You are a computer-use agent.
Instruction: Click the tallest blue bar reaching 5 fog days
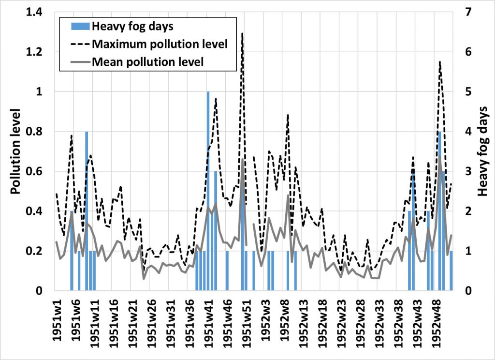pyautogui.click(x=208, y=194)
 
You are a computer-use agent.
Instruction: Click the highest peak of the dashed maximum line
pyautogui.click(x=242, y=34)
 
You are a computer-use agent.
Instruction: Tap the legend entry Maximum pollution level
pyautogui.click(x=160, y=44)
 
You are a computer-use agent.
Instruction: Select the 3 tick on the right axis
pyautogui.click(x=462, y=171)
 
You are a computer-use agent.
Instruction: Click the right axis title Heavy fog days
pyautogui.click(x=482, y=151)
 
